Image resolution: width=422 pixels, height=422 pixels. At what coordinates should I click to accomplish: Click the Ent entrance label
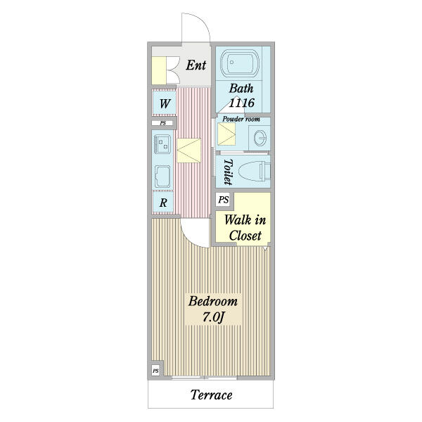(196, 65)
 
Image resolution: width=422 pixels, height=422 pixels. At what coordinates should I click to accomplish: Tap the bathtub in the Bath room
(240, 63)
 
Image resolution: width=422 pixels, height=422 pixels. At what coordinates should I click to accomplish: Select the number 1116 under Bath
(241, 103)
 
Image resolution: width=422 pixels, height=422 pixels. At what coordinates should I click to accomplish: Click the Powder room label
(241, 119)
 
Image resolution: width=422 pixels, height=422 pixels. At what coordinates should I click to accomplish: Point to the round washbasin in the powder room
(260, 138)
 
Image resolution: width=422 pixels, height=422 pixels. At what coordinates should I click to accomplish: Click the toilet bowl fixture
(254, 172)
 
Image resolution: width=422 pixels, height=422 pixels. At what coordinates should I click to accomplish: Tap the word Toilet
(228, 172)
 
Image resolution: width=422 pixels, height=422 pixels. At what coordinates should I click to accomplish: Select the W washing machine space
(165, 103)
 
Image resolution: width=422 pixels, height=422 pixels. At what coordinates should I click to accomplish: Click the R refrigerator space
(163, 203)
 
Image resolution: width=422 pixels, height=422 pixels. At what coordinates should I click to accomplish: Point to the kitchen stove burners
(162, 144)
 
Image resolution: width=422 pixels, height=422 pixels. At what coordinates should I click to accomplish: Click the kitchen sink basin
(162, 177)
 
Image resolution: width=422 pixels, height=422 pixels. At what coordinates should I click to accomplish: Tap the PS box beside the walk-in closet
(223, 200)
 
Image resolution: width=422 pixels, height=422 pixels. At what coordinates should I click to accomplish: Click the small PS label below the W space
(163, 123)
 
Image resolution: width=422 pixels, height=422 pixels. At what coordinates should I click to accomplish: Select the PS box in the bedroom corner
(155, 371)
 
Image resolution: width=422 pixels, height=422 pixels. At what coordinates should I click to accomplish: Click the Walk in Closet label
(245, 228)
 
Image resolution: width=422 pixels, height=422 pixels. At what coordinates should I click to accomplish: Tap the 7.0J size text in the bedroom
(213, 317)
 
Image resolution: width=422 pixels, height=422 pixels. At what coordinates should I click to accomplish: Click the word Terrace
(211, 395)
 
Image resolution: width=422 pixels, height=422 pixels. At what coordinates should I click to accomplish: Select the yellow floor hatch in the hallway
(189, 151)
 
